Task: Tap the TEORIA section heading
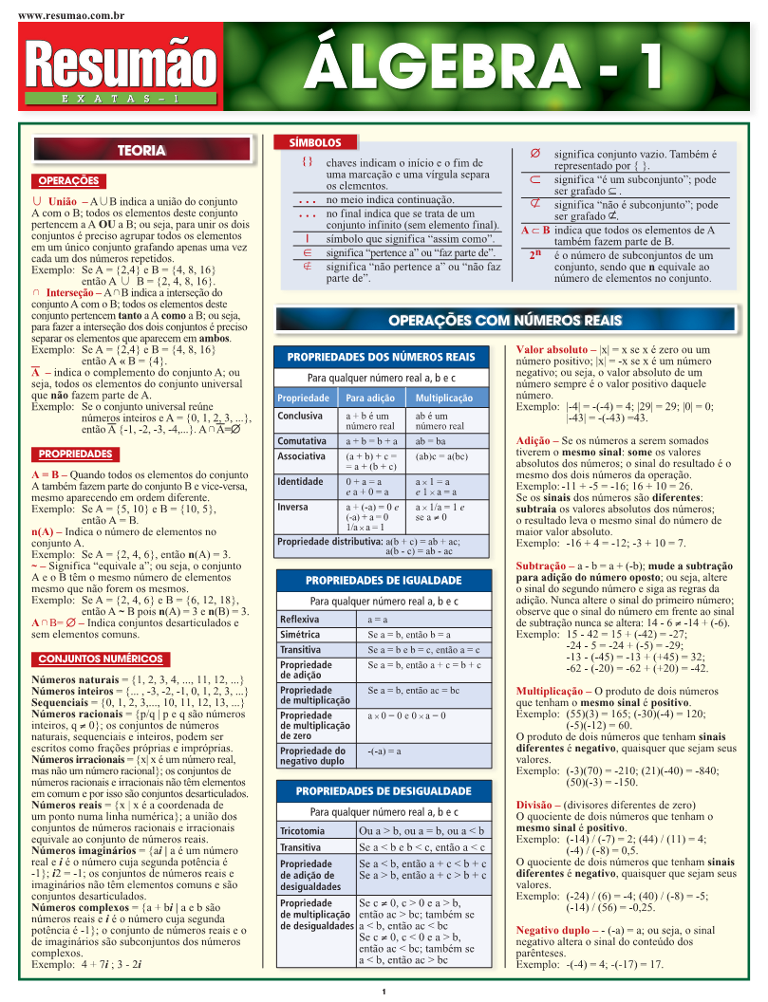pos(140,150)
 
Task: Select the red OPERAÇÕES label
pos(68,181)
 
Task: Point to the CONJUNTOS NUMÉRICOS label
pos(101,659)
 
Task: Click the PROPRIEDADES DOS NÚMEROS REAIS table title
pos(381,357)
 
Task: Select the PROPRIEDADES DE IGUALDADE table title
pos(382,580)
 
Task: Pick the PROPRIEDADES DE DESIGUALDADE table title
pos(382,790)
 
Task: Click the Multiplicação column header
pos(444,398)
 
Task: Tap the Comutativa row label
pos(302,441)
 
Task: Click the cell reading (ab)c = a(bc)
pos(441,456)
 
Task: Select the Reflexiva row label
pos(300,620)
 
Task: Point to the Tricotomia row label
pos(302,831)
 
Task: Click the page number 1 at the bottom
pos(384,993)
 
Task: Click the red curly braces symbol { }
pos(307,162)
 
